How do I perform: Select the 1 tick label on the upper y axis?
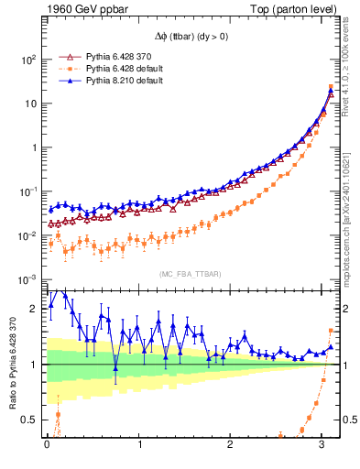(32, 147)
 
